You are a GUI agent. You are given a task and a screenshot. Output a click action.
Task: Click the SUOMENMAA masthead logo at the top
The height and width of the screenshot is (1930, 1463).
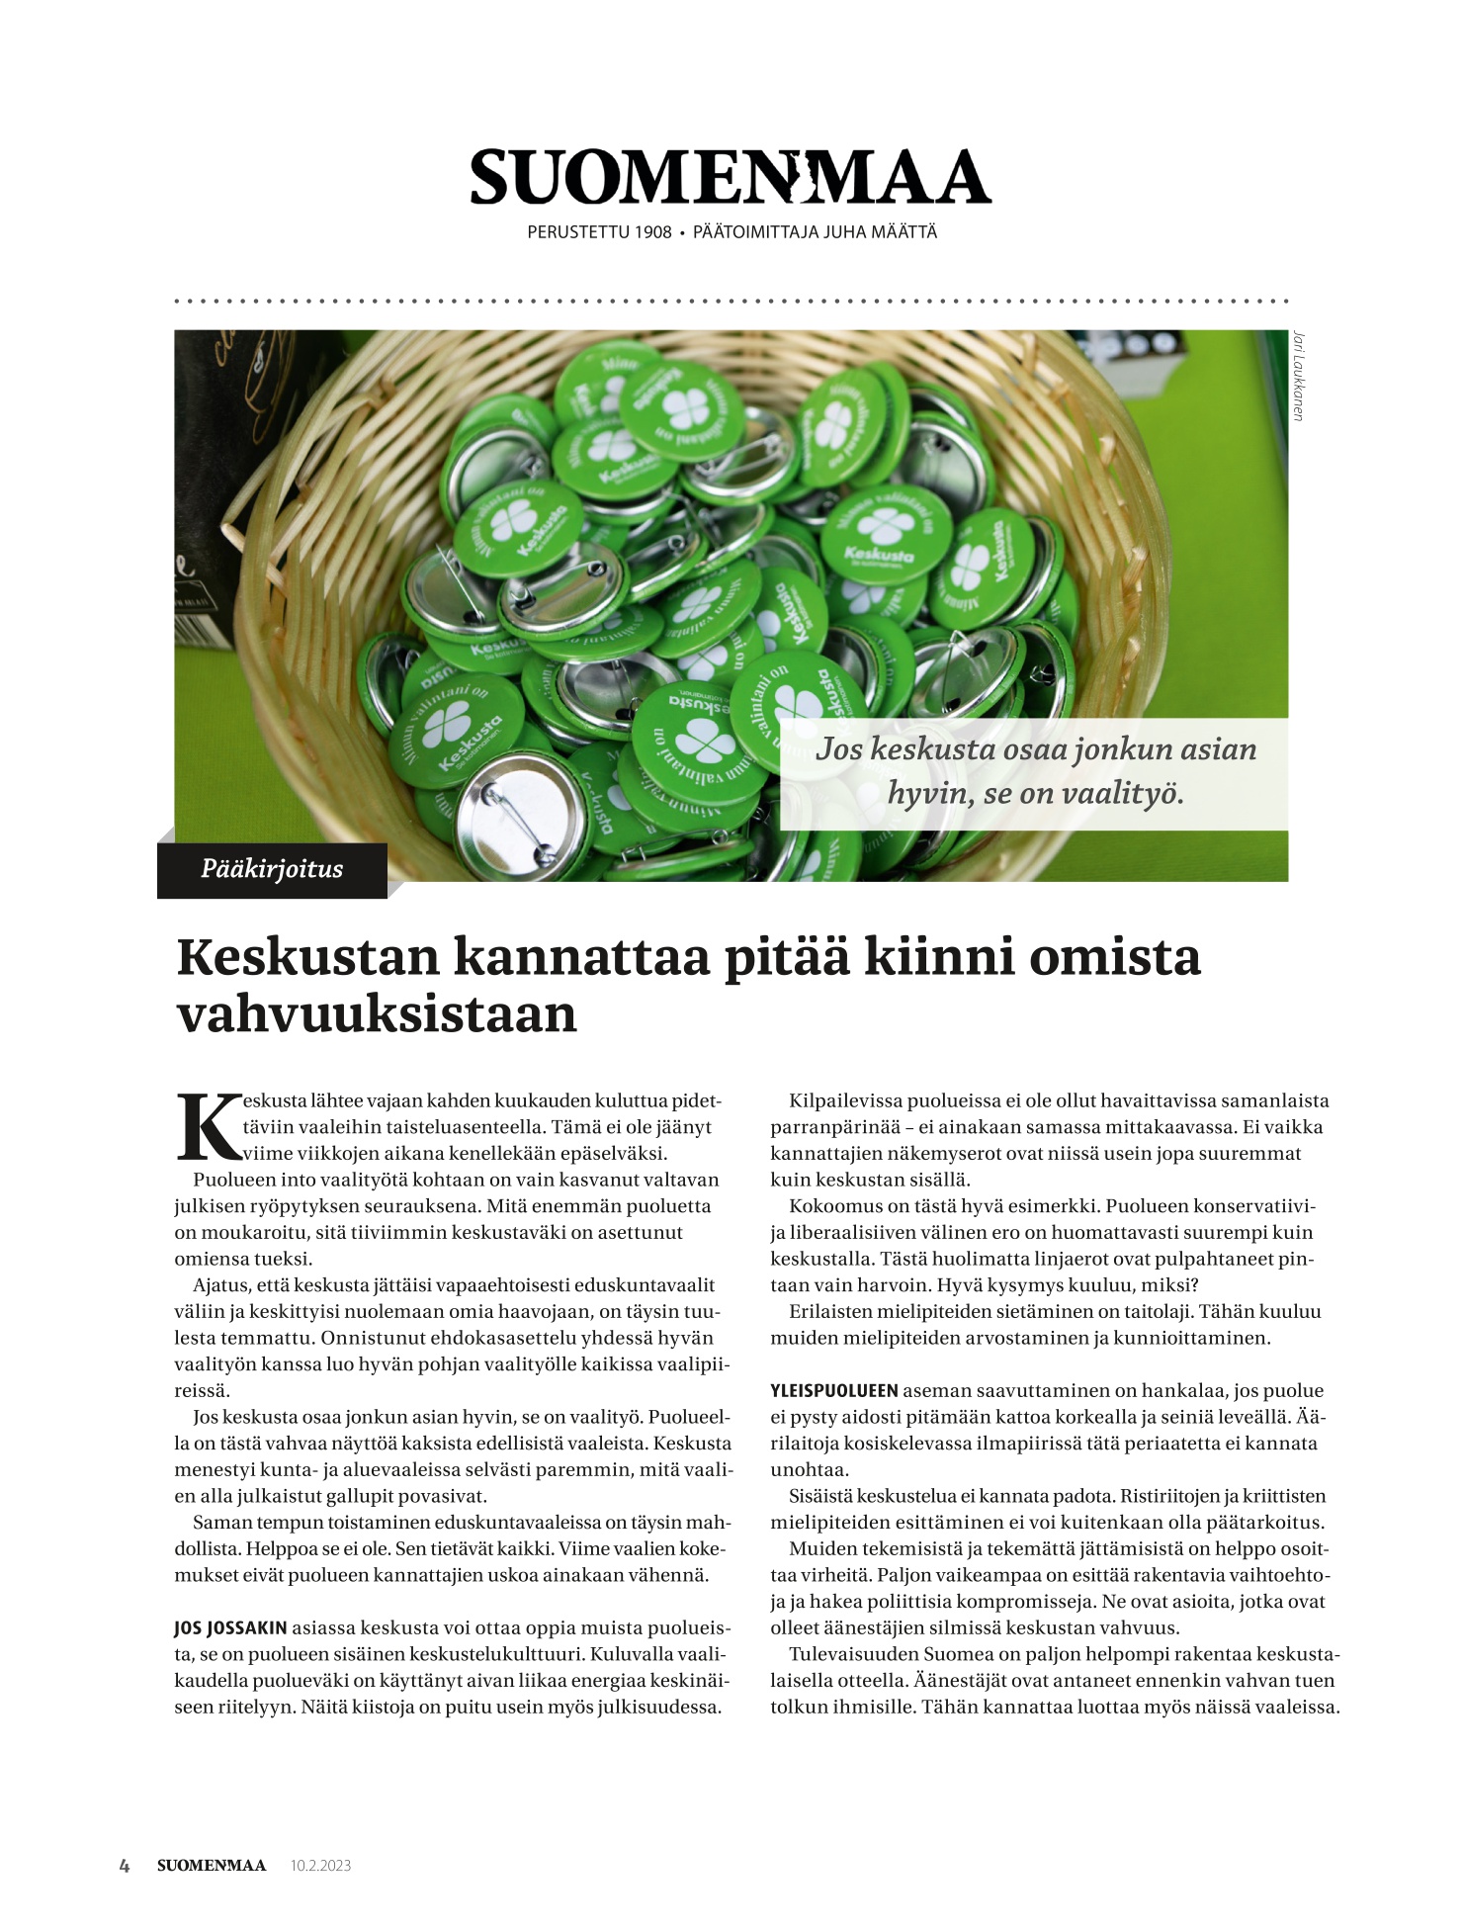click(x=730, y=177)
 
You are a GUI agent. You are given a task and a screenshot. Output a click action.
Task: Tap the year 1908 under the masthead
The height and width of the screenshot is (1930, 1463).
click(x=652, y=233)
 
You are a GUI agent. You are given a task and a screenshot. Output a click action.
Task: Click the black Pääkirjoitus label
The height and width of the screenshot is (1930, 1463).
click(x=272, y=869)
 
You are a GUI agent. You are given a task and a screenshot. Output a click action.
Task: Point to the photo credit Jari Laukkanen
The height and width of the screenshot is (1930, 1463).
click(x=1298, y=376)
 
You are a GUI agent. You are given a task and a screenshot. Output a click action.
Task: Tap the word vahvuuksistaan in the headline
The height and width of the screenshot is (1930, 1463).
click(x=377, y=1014)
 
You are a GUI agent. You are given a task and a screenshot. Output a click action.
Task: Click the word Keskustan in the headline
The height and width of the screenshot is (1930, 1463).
click(x=306, y=957)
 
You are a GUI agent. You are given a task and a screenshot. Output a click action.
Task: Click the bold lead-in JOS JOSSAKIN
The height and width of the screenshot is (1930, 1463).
click(x=230, y=1627)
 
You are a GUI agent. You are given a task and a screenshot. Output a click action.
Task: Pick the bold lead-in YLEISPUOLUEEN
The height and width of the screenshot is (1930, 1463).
click(x=834, y=1390)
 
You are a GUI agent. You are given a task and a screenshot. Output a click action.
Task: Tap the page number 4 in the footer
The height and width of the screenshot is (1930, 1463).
click(x=125, y=1866)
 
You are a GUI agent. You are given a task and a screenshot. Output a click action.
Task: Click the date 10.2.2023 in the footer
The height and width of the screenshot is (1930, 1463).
click(x=320, y=1866)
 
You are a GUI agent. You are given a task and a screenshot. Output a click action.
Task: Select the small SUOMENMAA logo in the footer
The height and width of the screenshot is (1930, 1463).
click(x=212, y=1866)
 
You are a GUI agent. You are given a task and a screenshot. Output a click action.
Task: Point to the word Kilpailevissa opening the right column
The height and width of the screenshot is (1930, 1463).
click(x=846, y=1100)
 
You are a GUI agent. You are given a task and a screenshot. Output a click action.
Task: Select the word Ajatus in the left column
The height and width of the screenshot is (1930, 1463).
click(x=218, y=1285)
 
